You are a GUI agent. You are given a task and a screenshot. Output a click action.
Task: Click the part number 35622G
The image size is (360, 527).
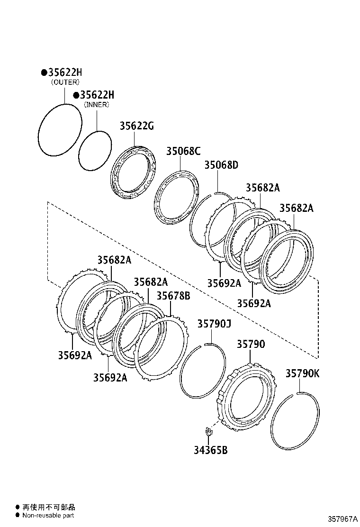click(136, 126)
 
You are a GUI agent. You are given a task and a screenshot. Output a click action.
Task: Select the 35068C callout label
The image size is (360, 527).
click(183, 151)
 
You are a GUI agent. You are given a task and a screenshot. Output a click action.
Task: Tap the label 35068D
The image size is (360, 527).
click(221, 165)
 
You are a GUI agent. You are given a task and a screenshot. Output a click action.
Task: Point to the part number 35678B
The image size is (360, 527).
click(173, 296)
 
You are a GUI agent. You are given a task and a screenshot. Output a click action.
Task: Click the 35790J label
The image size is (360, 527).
click(214, 324)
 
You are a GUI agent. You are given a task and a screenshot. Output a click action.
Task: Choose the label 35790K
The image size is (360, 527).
click(302, 373)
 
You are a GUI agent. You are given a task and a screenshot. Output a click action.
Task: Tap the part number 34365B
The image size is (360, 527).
click(210, 450)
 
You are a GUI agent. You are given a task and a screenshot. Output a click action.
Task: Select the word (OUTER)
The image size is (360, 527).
click(65, 82)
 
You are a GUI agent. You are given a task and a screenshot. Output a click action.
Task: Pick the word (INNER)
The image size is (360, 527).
click(97, 105)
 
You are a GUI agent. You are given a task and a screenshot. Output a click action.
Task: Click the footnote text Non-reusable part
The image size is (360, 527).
click(48, 515)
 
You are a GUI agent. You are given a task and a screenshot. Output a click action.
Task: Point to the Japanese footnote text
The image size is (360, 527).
click(49, 507)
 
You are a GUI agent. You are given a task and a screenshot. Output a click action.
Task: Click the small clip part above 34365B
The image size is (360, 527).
click(207, 431)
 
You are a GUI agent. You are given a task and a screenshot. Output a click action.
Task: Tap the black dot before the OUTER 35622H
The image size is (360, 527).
click(44, 73)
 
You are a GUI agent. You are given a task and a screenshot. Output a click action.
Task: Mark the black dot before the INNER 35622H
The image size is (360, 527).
click(76, 95)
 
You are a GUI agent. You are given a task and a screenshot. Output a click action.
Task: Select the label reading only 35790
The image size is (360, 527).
click(251, 345)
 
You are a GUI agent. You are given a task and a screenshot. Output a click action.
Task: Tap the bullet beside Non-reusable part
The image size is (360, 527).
click(18, 515)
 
